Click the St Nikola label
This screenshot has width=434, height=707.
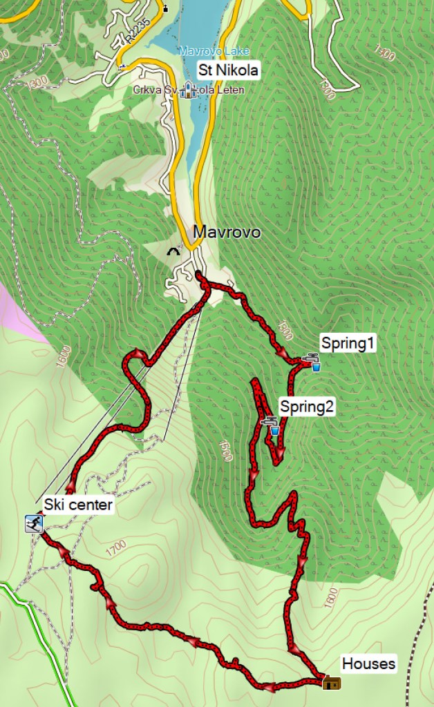pos(228,70)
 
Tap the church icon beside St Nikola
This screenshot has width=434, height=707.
pos(187,90)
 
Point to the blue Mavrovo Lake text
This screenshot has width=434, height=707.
pos(214,51)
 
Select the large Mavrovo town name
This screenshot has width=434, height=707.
pos(227,232)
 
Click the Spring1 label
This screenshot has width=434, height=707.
pos(348,343)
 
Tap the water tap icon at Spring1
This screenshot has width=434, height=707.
pos(312,361)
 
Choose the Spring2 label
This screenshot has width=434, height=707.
pos(306,407)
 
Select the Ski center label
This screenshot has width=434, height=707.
pos(77,505)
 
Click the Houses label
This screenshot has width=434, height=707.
pos(369,664)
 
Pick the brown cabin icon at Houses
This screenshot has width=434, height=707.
pos(332,683)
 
